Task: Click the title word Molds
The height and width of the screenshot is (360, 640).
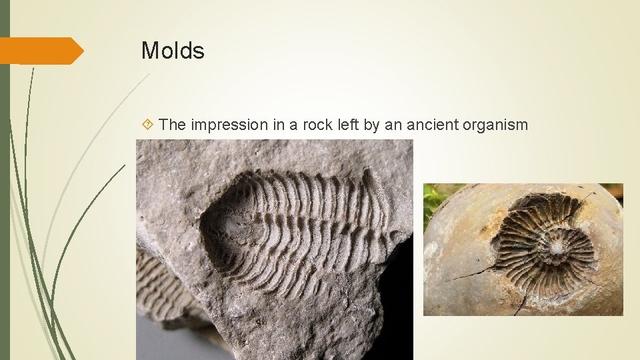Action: (172, 51)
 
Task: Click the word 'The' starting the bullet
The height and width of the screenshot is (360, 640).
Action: (173, 124)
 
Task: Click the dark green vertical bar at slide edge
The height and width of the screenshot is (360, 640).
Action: (5, 200)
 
